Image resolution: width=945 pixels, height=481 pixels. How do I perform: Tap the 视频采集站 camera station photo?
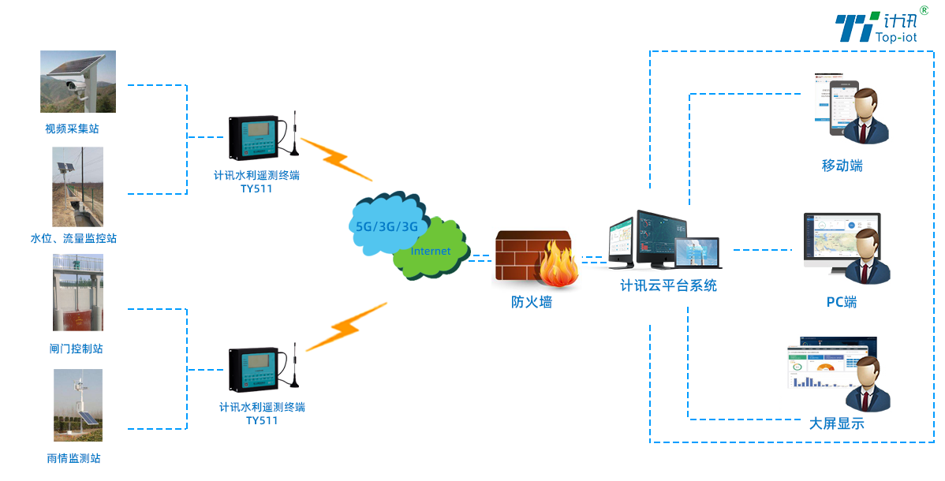78,82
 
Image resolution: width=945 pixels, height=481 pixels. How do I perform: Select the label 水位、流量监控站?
73,238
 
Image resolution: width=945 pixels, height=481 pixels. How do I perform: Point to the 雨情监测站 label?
73,458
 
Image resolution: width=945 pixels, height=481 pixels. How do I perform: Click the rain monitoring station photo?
77,405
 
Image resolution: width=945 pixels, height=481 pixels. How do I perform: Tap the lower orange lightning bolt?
346,326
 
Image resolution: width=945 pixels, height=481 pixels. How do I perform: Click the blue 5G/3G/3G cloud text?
387,226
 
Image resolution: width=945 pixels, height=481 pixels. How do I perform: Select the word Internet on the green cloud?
431,252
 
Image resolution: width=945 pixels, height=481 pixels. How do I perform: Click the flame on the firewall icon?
558,267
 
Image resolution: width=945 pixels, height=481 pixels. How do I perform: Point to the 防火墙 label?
532,301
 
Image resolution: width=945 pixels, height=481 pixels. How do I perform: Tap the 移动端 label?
842,166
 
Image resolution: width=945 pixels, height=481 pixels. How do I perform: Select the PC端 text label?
842,302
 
